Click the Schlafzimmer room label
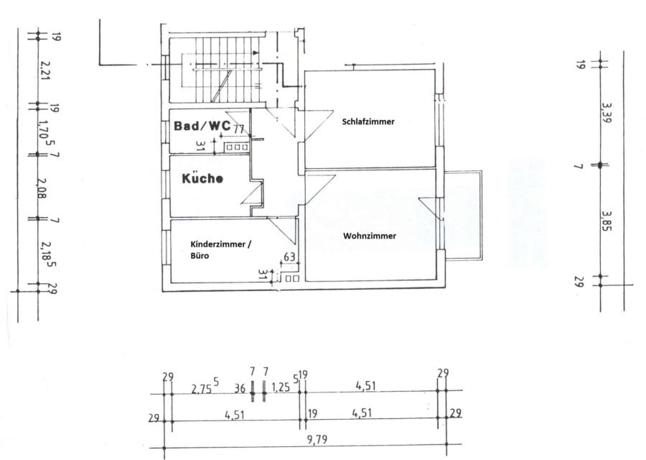[368, 121]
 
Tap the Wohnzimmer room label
[370, 236]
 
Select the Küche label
[202, 179]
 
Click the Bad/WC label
[202, 125]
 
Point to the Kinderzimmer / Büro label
[220, 250]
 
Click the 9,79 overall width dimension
[317, 439]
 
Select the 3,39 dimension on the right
[606, 113]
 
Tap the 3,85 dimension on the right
[606, 221]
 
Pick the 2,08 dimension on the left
[43, 188]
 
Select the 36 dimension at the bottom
[239, 388]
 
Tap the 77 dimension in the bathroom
[238, 129]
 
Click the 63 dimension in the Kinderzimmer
[290, 257]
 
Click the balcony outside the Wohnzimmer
[463, 216]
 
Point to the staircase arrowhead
[256, 52]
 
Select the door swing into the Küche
[252, 193]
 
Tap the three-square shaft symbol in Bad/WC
[237, 147]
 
